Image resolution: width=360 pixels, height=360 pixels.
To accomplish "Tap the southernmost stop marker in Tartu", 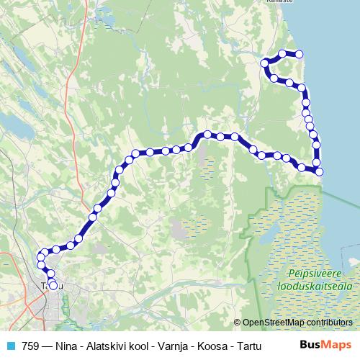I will [53, 285].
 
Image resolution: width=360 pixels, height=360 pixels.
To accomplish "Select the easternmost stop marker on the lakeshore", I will [320, 171].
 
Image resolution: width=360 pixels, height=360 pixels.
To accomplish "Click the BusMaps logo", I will [325, 345].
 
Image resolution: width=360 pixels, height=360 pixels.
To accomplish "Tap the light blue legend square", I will [9, 345].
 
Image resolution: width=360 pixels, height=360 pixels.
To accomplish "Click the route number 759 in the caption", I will [31, 345].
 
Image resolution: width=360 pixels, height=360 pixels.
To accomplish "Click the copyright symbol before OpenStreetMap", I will [238, 322].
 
